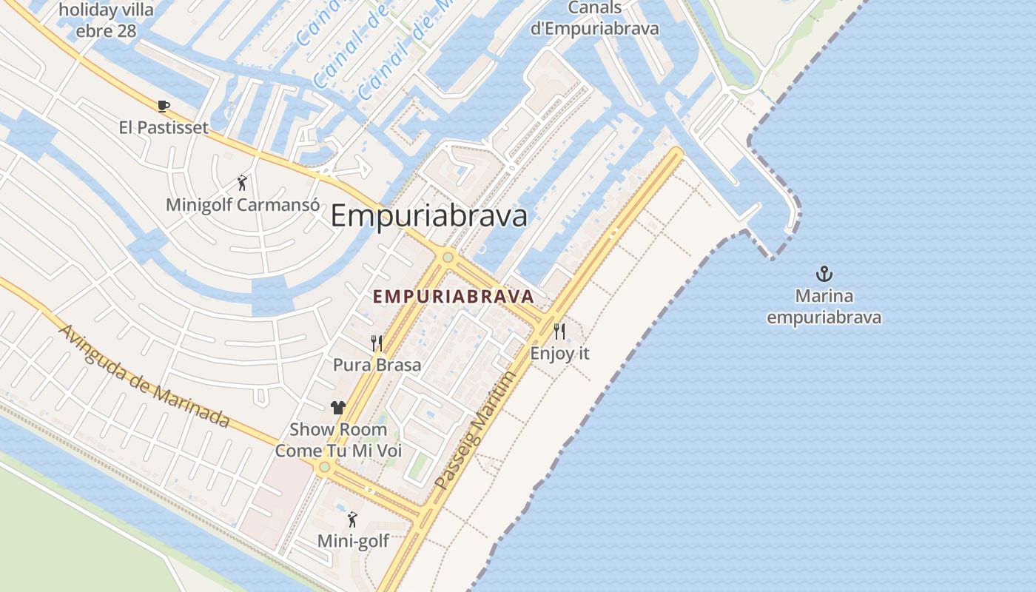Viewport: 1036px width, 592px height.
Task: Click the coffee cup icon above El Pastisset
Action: [x=164, y=106]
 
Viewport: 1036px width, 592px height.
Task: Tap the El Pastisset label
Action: [x=164, y=128]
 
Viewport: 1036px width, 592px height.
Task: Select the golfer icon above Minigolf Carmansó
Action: [x=242, y=183]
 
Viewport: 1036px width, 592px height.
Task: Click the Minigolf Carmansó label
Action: [x=238, y=205]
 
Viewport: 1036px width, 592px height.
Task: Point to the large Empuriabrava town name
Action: [x=428, y=216]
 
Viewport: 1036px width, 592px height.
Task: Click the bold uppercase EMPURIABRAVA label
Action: [x=453, y=297]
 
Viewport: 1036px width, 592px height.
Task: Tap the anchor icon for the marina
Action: [x=824, y=275]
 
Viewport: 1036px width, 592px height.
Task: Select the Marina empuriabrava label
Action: [x=824, y=307]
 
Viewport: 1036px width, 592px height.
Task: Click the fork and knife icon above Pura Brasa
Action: [x=377, y=343]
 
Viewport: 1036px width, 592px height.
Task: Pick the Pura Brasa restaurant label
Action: [x=377, y=365]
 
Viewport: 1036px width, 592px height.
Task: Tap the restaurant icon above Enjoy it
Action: [x=559, y=332]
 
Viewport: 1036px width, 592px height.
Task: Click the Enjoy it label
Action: [x=559, y=354]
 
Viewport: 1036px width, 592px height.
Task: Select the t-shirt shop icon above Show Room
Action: [x=338, y=407]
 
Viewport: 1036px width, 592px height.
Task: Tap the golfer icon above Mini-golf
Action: [x=352, y=519]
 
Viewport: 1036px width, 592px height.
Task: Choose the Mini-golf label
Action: [x=353, y=542]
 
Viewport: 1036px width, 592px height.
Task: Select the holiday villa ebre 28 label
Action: [x=106, y=21]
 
